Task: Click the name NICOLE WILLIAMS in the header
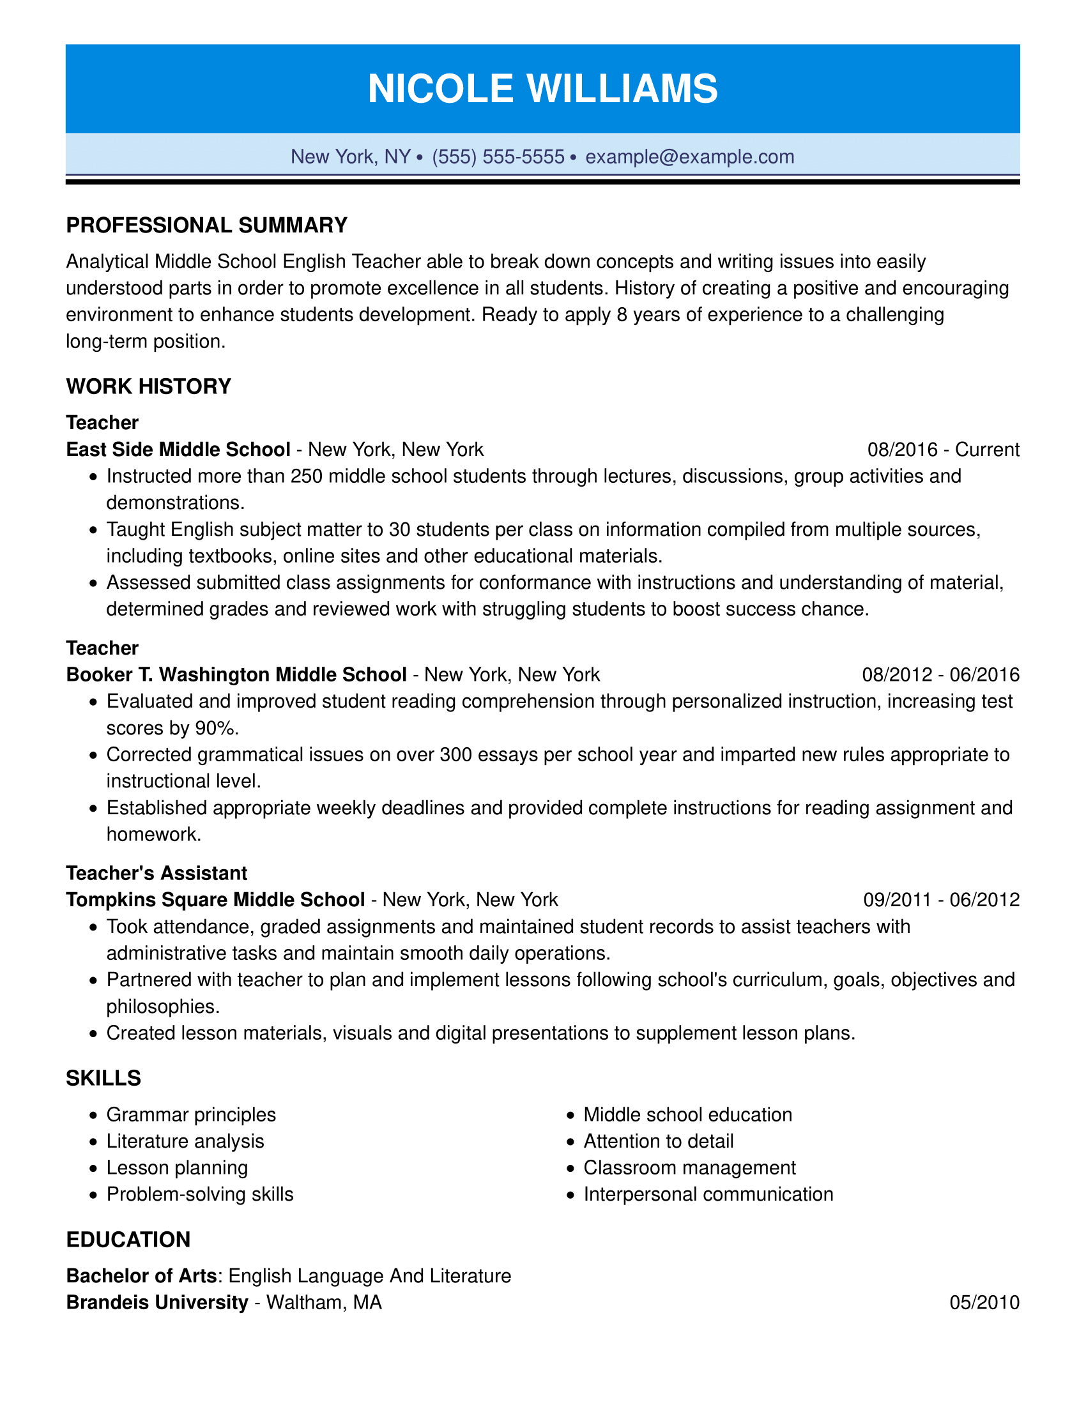click(542, 88)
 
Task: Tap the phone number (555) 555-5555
click(498, 156)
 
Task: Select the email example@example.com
click(690, 156)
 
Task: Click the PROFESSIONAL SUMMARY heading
click(206, 225)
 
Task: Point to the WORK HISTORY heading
click(149, 386)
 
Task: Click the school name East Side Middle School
click(178, 449)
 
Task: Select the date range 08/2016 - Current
click(942, 449)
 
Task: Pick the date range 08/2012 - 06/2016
click(940, 674)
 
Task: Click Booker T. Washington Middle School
click(236, 674)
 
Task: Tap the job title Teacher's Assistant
click(157, 873)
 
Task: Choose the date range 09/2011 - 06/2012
click(940, 899)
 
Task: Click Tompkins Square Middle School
click(215, 899)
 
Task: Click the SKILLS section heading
click(103, 1077)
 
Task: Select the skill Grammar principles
click(191, 1114)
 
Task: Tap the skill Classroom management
click(689, 1167)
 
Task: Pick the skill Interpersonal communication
click(708, 1194)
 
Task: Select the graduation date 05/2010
click(984, 1302)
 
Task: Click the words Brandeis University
click(157, 1302)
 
